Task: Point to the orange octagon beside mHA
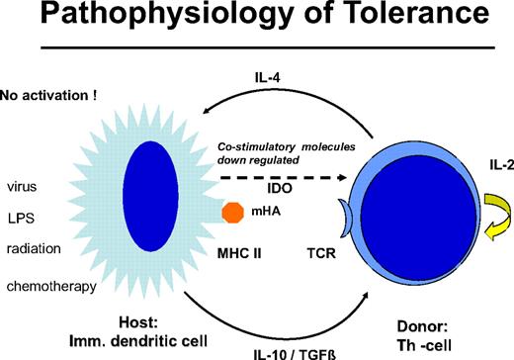click(x=233, y=212)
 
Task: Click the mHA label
click(x=264, y=212)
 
